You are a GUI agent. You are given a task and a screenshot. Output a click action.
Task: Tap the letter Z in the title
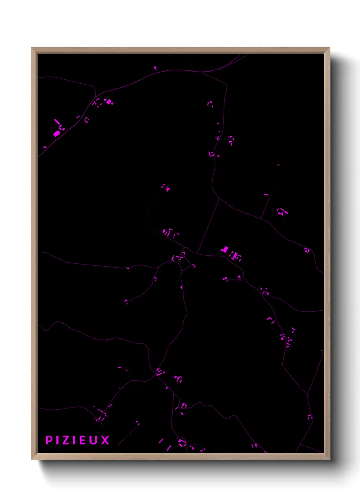click(65, 440)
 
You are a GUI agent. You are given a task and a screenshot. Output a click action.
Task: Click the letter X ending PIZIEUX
click(105, 440)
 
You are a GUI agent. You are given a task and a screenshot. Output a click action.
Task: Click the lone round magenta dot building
click(155, 68)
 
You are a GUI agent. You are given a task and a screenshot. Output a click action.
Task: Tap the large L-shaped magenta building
click(224, 250)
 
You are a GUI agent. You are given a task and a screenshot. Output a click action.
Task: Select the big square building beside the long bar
click(56, 133)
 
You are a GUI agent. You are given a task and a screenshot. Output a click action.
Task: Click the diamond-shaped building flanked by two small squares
click(109, 101)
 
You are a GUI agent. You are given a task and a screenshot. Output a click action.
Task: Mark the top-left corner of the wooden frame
click(32, 48)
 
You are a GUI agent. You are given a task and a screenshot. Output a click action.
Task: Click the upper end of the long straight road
click(219, 200)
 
